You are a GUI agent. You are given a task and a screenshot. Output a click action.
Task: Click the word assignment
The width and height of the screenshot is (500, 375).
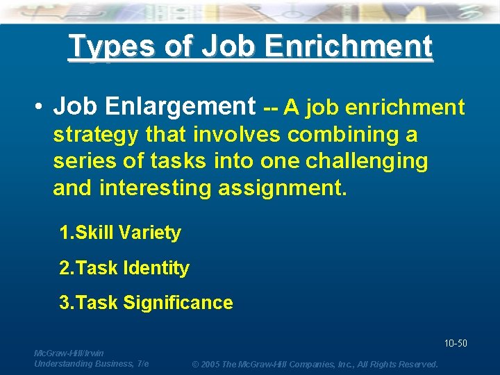(291, 187)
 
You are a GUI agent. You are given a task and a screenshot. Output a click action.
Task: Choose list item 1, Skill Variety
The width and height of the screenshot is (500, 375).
(121, 233)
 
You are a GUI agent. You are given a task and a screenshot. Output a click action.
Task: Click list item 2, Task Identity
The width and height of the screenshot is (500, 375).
(125, 267)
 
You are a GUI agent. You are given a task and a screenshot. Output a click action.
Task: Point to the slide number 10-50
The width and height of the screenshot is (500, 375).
(455, 343)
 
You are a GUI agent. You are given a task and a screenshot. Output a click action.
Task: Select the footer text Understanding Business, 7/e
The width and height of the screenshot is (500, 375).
(91, 364)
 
